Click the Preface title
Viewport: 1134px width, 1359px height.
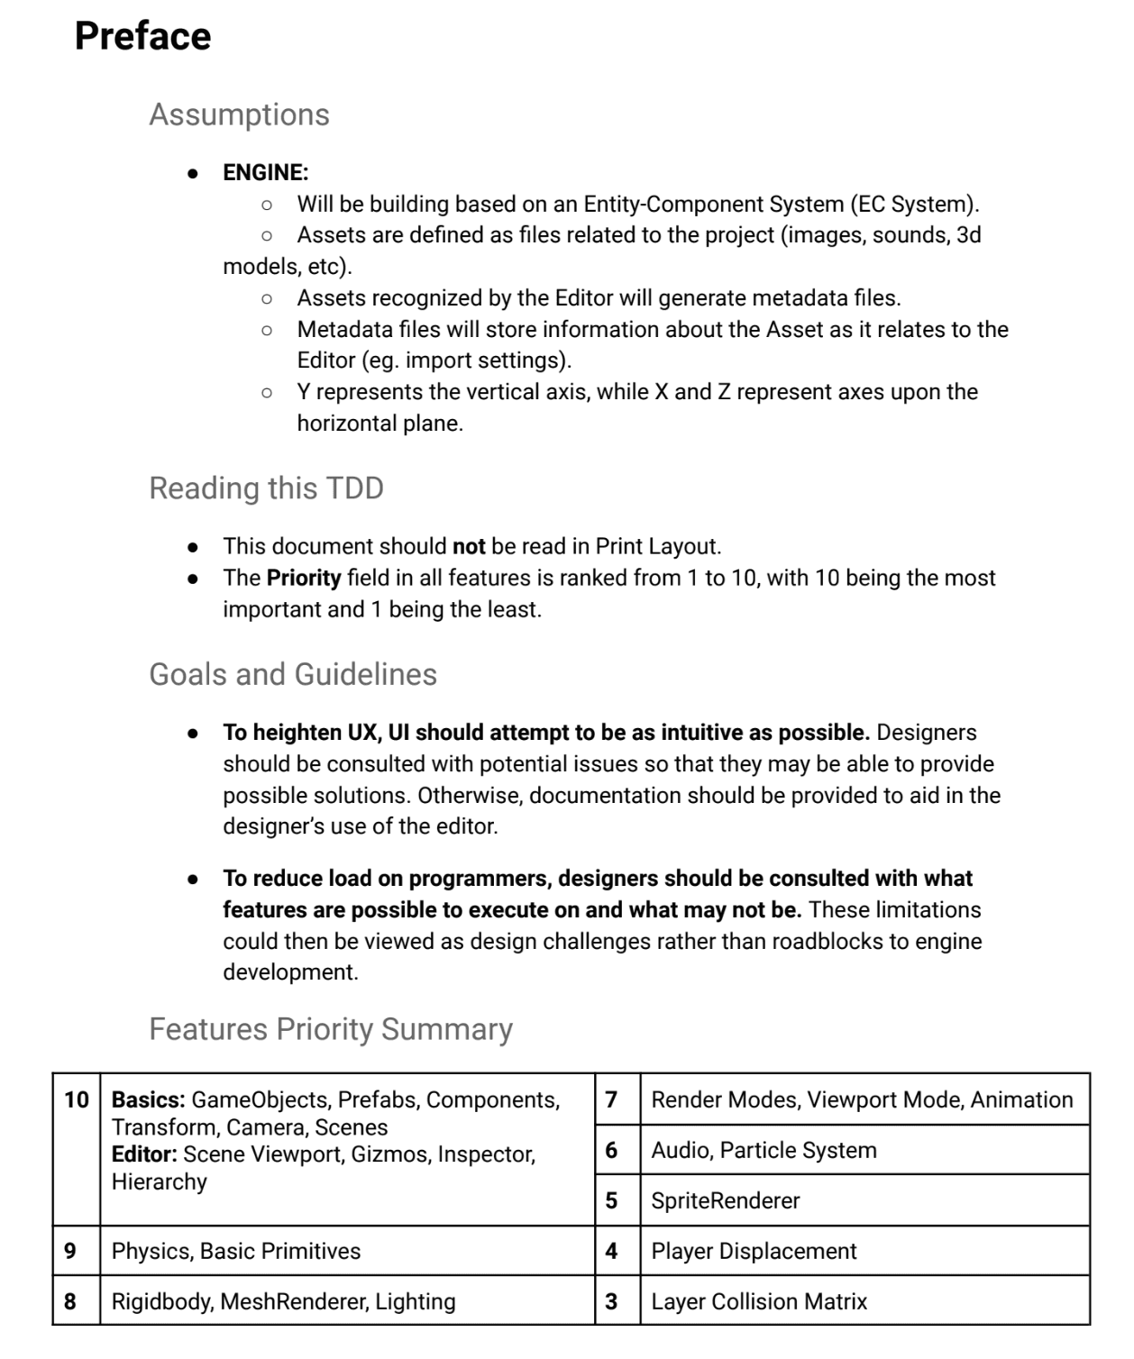(x=142, y=36)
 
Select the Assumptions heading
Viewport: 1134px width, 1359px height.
(x=239, y=114)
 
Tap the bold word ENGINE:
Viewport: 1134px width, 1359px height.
(x=265, y=172)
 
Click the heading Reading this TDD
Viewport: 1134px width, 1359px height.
(x=266, y=488)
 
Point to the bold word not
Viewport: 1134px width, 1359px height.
(x=469, y=546)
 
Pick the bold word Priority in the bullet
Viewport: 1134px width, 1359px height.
(x=304, y=578)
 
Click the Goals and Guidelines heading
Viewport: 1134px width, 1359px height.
(x=292, y=674)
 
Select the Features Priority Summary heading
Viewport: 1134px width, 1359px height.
(x=330, y=1028)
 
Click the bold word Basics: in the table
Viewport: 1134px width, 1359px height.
(x=148, y=1099)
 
